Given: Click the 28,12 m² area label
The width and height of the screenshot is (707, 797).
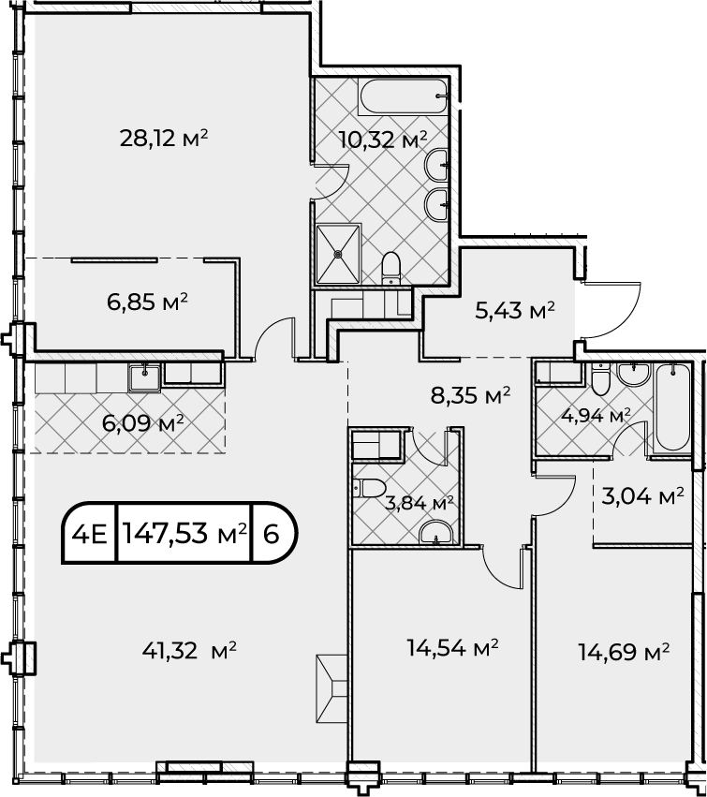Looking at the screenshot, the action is pos(164,138).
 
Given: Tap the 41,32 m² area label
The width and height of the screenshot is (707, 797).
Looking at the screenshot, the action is pos(189,650).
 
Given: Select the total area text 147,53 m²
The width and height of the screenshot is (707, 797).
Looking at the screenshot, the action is pos(185,533).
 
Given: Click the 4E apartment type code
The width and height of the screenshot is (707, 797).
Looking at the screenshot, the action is pos(91,534).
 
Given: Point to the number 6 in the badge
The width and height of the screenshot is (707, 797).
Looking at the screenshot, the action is pos(272,534).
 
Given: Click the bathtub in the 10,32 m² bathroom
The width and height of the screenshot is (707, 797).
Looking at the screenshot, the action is pos(403,96).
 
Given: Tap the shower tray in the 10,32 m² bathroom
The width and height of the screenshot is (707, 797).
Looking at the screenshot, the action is pos(338,254).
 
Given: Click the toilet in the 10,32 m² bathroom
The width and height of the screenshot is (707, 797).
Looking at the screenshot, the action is pos(390,269).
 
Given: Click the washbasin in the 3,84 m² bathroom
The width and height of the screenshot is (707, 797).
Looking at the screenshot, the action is pos(436,532).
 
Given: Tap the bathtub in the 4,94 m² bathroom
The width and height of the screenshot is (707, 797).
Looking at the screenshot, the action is pos(673,407).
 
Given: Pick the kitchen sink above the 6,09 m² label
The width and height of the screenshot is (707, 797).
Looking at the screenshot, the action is pos(145,378).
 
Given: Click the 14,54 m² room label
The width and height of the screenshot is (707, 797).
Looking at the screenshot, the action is pos(452,648).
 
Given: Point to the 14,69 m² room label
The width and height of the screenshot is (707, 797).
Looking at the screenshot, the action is pos(624,652).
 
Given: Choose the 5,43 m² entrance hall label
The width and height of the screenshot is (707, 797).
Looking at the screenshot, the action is pos(514,311).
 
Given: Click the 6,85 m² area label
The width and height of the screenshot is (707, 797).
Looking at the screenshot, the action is pos(147,303).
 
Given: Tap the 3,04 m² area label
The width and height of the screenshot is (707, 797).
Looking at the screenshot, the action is pos(642,496).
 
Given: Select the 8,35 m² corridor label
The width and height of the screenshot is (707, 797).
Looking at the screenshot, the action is pos(471,395).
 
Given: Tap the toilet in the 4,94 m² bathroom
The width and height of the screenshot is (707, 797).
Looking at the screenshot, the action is pos(600,379).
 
